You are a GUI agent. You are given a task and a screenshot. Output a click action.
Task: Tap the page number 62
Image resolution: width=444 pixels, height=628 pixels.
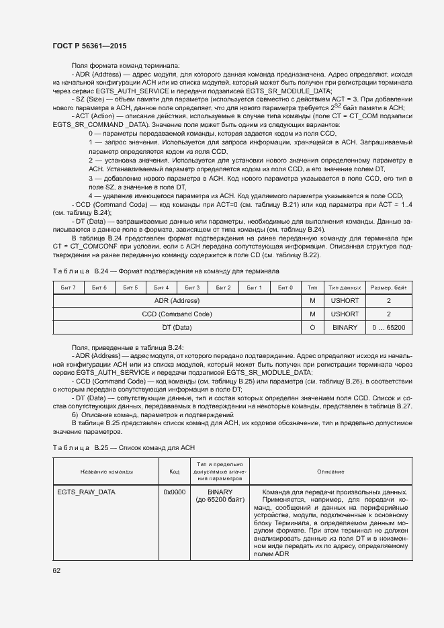pos(56,571)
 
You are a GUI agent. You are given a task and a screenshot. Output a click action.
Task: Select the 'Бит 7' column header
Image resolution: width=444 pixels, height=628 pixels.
pos(68,287)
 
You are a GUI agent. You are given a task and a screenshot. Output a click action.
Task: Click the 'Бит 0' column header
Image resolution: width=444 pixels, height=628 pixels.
pos(285,287)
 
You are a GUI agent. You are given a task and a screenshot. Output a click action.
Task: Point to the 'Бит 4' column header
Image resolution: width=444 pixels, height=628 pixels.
pos(161,287)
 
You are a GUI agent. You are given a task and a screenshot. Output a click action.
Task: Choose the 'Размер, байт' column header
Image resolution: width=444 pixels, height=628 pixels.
pos(389,287)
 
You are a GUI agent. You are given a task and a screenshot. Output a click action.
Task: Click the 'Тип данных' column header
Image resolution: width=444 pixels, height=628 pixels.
pos(345,287)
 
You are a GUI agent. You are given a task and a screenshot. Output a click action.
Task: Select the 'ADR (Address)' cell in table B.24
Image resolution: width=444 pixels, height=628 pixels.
pos(177,301)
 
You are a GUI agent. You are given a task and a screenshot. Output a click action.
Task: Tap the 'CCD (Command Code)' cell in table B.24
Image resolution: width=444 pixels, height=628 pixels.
pos(177,314)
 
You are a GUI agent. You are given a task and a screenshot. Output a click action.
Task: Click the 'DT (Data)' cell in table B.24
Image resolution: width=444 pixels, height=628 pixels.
pos(177,328)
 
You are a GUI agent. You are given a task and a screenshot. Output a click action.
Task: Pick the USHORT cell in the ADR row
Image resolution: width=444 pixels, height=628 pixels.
pos(345,301)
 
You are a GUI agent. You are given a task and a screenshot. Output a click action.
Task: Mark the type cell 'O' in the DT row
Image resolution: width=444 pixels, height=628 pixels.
pos(312,328)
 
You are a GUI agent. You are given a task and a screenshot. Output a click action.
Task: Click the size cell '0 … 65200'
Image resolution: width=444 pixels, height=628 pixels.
pos(389,328)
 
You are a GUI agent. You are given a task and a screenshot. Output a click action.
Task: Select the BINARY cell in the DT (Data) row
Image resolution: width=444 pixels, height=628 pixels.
pos(345,328)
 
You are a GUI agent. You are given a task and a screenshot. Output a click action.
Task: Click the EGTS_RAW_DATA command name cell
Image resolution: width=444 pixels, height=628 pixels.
pos(87,492)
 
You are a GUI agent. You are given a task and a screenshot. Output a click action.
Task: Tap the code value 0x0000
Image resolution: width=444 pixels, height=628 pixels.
pos(174,492)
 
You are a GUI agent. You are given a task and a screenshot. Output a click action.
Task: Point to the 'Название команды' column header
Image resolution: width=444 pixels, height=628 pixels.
pos(106,472)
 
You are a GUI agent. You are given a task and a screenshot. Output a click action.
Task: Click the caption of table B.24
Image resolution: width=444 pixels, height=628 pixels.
pos(166,271)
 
